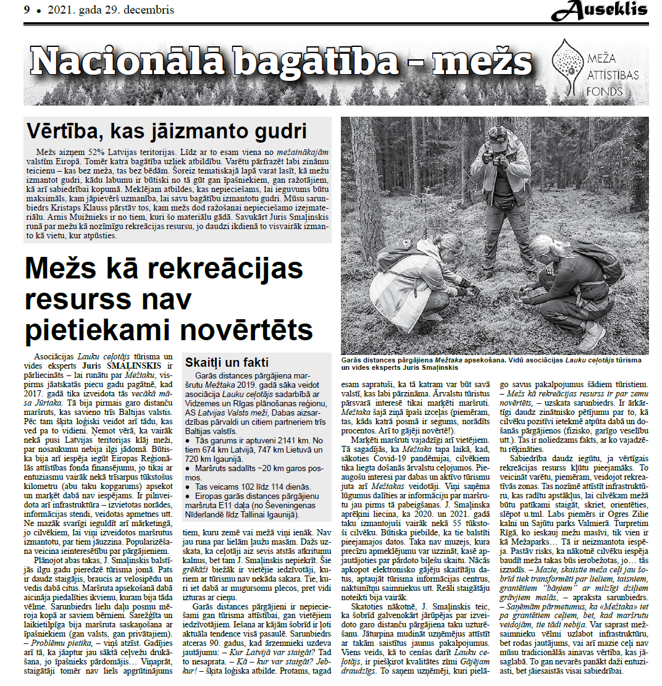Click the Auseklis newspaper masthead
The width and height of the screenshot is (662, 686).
[600, 10]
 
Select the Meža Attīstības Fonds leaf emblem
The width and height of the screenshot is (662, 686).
[568, 64]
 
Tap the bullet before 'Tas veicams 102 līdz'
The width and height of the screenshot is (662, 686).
[188, 487]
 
